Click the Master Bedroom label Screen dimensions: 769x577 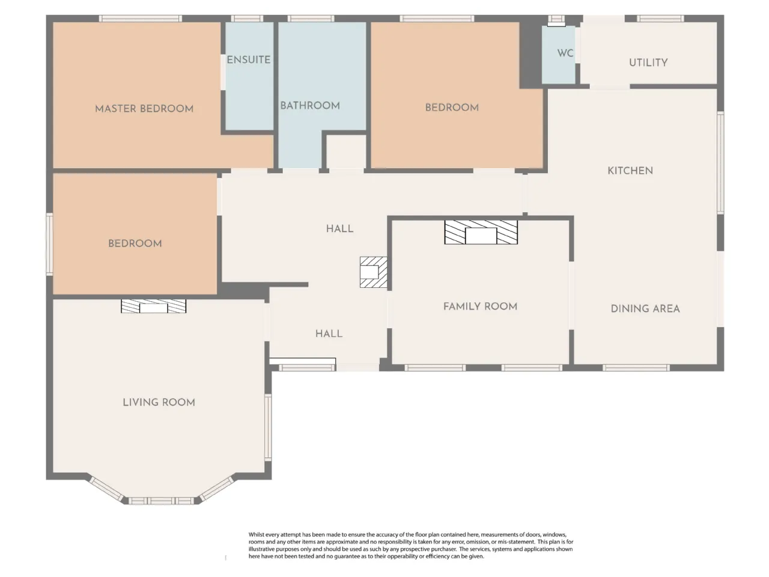(144, 109)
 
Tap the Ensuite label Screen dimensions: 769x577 (248, 60)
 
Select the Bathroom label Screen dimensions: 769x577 (309, 105)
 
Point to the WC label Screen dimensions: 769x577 (565, 53)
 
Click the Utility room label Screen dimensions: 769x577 (648, 63)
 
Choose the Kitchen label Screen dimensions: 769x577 (630, 171)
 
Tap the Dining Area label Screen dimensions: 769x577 (645, 309)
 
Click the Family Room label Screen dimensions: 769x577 (480, 307)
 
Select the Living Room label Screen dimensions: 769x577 (159, 402)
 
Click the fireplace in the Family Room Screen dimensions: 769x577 (481, 232)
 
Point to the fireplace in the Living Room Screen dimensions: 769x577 (153, 306)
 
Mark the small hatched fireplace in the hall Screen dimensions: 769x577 (374, 272)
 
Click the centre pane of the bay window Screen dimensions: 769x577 (161, 501)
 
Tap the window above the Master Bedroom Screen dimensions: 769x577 (140, 19)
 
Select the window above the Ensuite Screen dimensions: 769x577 (247, 19)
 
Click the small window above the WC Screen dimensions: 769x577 (556, 20)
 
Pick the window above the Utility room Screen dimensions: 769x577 (660, 19)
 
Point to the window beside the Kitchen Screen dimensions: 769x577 (720, 162)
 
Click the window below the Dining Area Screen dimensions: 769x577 (636, 368)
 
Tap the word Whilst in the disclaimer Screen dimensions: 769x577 (257, 534)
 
